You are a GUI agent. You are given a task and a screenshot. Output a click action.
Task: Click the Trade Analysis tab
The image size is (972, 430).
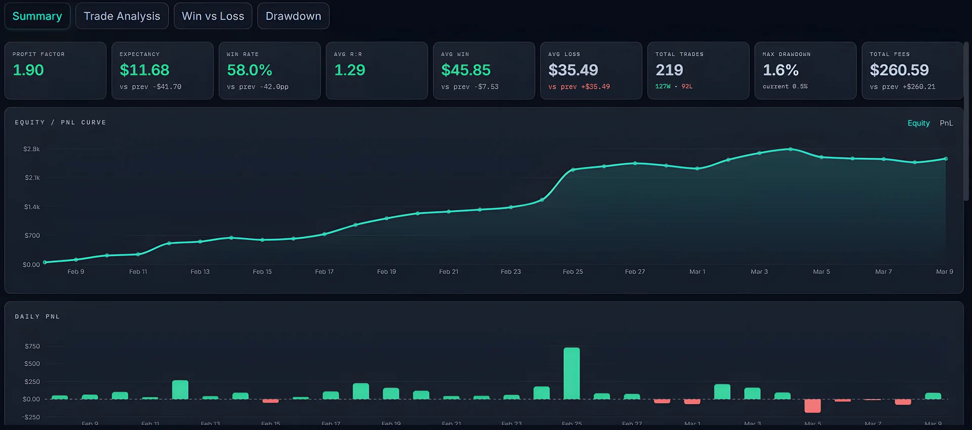point(121,16)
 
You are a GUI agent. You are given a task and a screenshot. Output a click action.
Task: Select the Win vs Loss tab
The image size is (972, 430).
point(213,16)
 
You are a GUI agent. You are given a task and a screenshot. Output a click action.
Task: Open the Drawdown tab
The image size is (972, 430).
point(293,16)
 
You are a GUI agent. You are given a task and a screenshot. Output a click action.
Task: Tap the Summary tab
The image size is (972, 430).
point(37,16)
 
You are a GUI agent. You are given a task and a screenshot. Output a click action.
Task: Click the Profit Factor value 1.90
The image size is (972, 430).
point(28,70)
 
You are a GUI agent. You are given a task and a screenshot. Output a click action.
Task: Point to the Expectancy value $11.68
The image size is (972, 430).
point(144,70)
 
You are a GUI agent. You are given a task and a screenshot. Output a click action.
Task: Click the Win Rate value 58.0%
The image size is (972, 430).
point(250,70)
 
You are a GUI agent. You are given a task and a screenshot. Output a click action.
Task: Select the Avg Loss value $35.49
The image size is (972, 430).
point(573,70)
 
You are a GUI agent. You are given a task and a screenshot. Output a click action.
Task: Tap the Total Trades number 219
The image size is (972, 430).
point(669,70)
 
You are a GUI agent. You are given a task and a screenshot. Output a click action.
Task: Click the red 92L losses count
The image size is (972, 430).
point(687,87)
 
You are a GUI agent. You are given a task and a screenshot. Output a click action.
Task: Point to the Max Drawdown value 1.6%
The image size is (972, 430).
point(781,70)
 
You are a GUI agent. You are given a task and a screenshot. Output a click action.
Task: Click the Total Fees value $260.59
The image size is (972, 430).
point(899,70)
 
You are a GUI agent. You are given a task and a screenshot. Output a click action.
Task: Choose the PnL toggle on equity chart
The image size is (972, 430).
point(946,123)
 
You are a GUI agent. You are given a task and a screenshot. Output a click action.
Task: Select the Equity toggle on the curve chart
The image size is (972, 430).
point(918,123)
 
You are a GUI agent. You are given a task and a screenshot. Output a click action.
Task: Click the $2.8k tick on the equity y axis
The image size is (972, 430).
point(31,149)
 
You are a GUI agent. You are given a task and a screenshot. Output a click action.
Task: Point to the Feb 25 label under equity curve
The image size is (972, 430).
point(573,272)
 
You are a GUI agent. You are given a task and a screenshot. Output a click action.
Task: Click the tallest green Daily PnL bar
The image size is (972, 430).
point(572,373)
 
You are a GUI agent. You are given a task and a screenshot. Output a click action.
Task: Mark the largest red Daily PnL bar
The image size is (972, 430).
point(813,406)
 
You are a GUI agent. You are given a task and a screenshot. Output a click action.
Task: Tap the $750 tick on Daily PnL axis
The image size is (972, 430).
point(32,346)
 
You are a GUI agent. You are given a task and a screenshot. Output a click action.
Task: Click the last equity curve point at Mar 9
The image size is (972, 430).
point(946,159)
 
